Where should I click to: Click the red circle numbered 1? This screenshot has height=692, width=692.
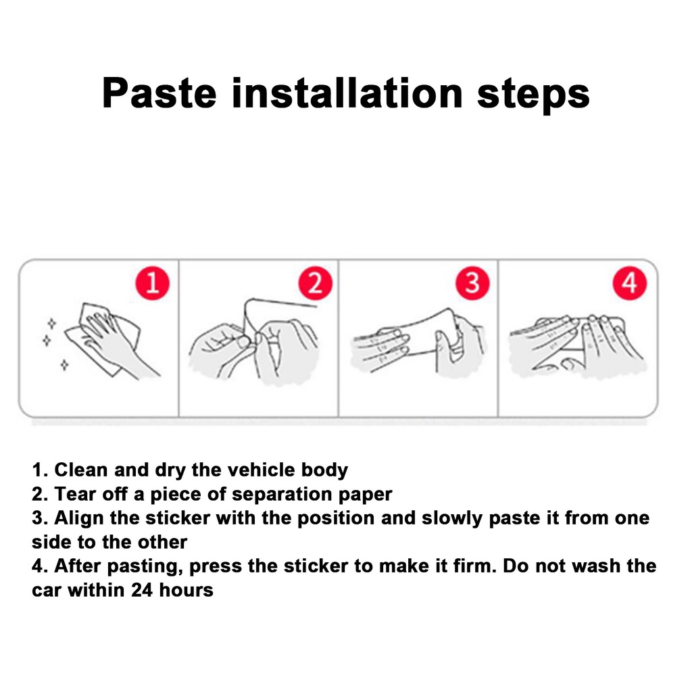152,283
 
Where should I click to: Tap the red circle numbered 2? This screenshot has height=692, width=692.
315,283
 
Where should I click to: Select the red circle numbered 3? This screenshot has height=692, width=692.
472,283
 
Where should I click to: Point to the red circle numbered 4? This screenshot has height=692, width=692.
630,283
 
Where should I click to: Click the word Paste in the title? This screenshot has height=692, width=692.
159,93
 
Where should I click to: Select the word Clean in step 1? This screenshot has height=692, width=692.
81,470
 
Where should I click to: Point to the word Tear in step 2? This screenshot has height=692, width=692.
75,494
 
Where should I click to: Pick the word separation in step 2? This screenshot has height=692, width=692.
282,495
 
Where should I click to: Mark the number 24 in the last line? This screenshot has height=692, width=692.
142,590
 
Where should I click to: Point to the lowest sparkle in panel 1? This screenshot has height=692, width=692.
64,365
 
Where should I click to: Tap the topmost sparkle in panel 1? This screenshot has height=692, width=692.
51,324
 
